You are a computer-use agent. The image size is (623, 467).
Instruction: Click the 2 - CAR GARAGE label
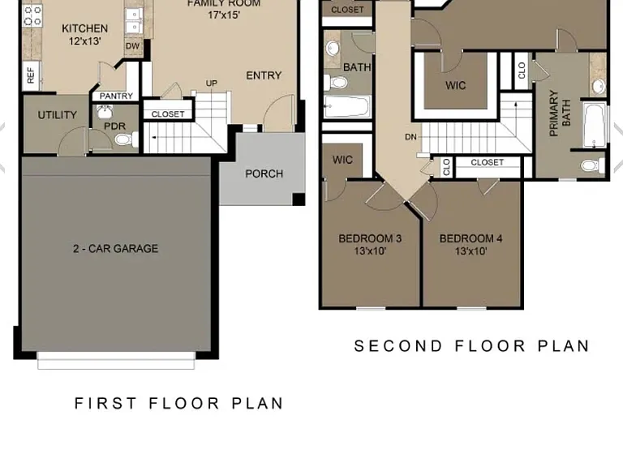(116, 249)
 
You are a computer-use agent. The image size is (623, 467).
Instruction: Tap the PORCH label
(264, 174)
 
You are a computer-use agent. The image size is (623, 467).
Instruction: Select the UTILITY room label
(58, 115)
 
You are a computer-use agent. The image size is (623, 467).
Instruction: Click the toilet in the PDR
(126, 139)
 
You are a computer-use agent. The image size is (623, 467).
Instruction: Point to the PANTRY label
(117, 96)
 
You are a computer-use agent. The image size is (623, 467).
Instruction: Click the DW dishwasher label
(132, 46)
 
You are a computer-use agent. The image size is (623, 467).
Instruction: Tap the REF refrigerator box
(31, 75)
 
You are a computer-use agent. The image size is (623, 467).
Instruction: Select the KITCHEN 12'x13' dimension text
(84, 41)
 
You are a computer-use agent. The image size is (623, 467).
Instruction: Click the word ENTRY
(264, 75)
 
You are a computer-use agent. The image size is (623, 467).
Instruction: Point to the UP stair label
(212, 84)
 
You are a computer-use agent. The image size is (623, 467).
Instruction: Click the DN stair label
(410, 137)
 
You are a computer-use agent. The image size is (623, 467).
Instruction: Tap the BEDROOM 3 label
(370, 238)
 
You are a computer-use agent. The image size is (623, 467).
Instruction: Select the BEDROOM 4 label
(470, 238)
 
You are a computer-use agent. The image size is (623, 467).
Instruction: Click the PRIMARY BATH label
(560, 114)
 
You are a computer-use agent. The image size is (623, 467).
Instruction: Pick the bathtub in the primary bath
(595, 125)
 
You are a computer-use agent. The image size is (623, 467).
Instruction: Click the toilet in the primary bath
(593, 165)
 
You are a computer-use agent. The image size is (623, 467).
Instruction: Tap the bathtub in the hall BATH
(347, 106)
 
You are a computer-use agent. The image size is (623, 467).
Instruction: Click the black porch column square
(299, 199)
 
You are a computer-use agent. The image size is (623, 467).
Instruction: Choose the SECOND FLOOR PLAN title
(471, 346)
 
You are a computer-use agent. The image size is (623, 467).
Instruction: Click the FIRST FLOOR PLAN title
(178, 404)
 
